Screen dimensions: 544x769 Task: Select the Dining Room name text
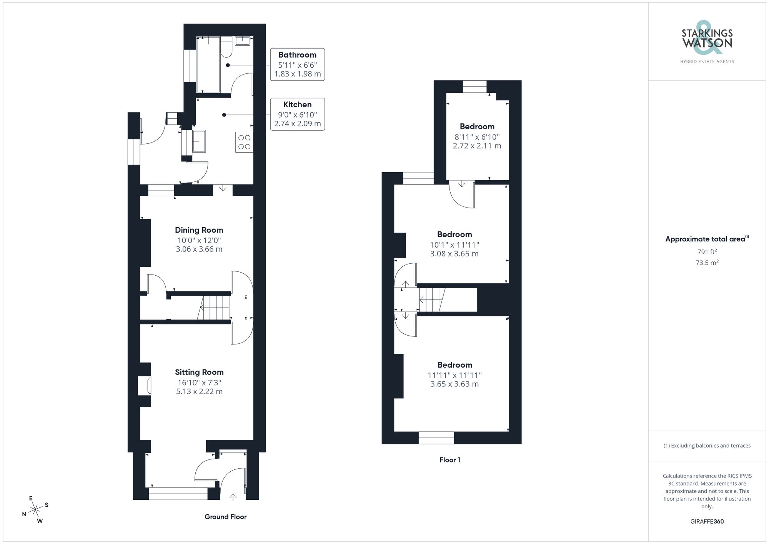pyautogui.click(x=199, y=230)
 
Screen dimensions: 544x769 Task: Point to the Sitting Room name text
pyautogui.click(x=199, y=372)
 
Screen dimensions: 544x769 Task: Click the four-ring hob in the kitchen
pyautogui.click(x=244, y=142)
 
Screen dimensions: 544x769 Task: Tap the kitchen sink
pyautogui.click(x=199, y=141)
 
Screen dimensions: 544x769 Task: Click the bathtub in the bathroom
pyautogui.click(x=208, y=65)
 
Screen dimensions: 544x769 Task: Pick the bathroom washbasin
pyautogui.click(x=243, y=41)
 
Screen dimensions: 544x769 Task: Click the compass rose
pyautogui.click(x=35, y=510)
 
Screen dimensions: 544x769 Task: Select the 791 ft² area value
pyautogui.click(x=707, y=252)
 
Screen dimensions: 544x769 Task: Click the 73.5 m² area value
pyautogui.click(x=707, y=263)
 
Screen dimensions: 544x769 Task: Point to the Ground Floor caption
pyautogui.click(x=225, y=517)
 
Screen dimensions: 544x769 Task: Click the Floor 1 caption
pyautogui.click(x=450, y=460)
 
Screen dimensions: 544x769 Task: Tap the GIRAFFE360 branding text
pyautogui.click(x=707, y=522)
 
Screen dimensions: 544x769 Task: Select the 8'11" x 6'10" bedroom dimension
pyautogui.click(x=477, y=137)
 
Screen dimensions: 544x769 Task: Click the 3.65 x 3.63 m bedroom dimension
pyautogui.click(x=454, y=384)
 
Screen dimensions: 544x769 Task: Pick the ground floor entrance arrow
pyautogui.click(x=233, y=497)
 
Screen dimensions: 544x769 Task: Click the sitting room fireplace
pyautogui.click(x=145, y=386)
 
